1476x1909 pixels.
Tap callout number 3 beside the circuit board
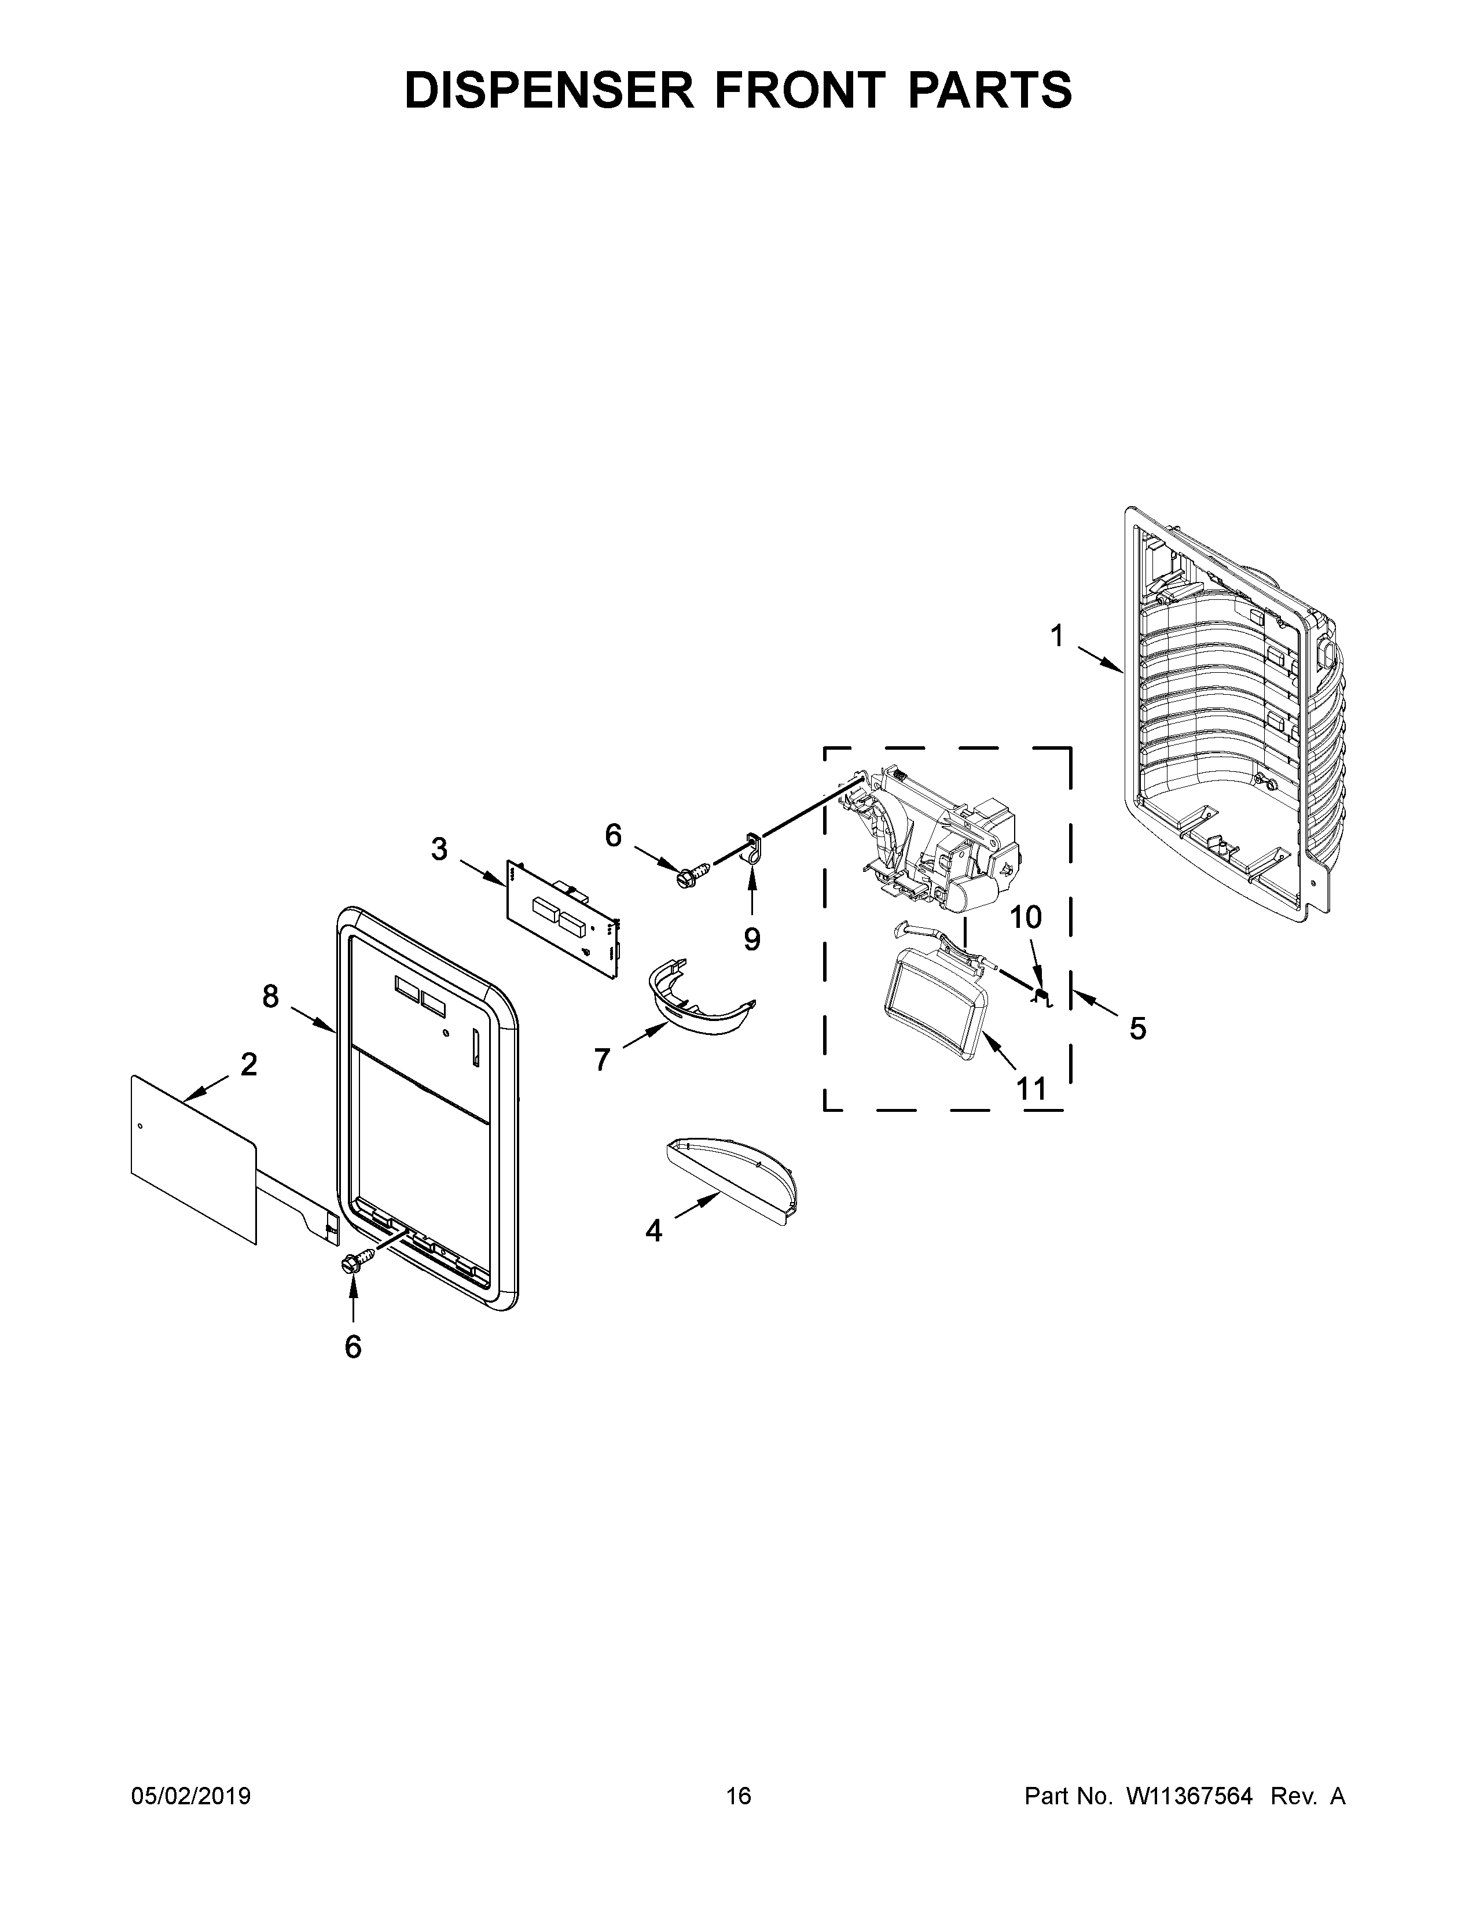[x=439, y=848]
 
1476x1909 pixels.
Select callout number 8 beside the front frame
[x=270, y=996]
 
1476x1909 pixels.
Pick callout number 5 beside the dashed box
[x=1137, y=1029]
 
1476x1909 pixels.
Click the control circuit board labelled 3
[x=564, y=918]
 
